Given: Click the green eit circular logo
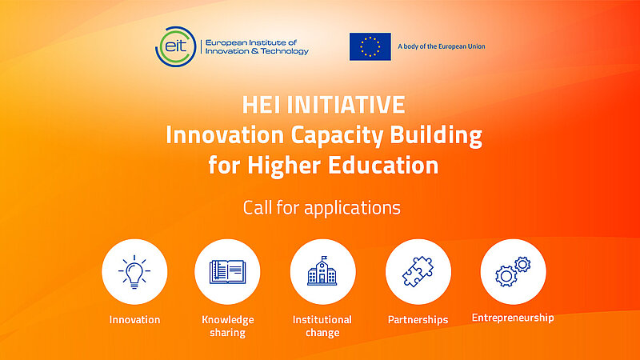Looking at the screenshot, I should pos(177,46).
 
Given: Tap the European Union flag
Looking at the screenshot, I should pos(370,46).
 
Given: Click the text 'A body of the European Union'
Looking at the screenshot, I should pos(442,46).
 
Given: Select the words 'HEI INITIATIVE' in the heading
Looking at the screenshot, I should pos(323,104).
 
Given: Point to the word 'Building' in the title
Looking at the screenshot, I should pos(445,134).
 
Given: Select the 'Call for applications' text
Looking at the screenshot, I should pos(322,208).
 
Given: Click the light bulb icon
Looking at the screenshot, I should pos(134,271).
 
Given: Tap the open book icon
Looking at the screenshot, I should pos(228,272).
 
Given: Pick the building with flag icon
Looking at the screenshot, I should pos(322,272).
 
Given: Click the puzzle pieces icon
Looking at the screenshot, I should pos(418,272).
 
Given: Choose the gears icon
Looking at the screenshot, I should pos(512,272).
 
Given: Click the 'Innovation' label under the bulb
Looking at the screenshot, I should pos(134,320).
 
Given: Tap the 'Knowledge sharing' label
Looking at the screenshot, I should pos(228,326).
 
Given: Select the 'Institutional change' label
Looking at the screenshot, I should pos(322,326).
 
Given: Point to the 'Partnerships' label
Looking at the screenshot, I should pos(418,320).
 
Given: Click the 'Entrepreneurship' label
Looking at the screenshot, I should pos(512,318).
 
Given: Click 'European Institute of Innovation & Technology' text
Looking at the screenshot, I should pos(257,46).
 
